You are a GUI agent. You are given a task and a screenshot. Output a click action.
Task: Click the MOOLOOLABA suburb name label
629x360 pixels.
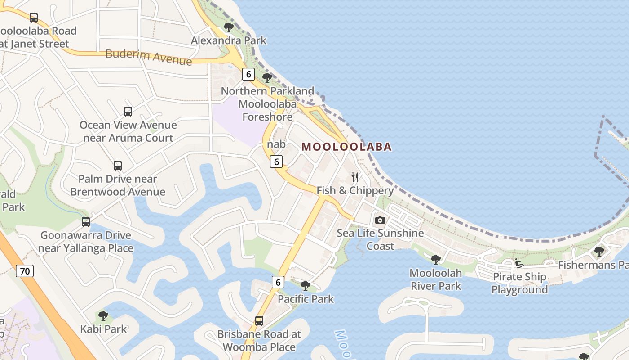coord(346,147)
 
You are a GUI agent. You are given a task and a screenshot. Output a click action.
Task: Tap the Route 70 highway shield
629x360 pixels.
coord(25,271)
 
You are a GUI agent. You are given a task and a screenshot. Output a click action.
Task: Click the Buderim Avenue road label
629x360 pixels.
coord(148,57)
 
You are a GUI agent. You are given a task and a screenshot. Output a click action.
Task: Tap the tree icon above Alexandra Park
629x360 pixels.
coord(229,27)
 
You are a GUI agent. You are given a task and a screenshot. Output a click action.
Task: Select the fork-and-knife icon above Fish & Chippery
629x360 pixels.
coord(355,177)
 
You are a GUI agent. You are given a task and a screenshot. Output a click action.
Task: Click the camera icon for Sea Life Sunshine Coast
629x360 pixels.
coord(380,220)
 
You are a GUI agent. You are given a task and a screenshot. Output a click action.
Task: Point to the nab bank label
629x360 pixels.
coord(276,144)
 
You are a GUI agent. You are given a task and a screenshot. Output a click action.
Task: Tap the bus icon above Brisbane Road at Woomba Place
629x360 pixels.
coord(259,321)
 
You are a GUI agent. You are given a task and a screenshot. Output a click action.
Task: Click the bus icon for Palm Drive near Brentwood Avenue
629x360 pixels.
coord(118,166)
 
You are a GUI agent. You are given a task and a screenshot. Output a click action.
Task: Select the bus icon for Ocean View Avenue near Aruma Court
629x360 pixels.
coord(128,112)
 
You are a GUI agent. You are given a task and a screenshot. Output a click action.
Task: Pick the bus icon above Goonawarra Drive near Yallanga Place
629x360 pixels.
coord(86,222)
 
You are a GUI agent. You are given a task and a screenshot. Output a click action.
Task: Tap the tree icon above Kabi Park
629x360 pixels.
coord(103,315)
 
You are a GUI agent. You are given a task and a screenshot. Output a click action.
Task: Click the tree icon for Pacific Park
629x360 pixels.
coord(306,285)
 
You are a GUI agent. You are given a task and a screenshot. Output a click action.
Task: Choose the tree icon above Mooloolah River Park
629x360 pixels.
coord(435,259)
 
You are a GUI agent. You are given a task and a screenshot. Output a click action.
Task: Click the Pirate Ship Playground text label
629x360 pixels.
coord(519,283)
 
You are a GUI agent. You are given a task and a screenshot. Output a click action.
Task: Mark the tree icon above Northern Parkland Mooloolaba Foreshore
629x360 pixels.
coord(267,77)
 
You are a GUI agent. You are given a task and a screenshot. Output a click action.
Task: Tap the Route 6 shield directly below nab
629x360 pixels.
coord(276,162)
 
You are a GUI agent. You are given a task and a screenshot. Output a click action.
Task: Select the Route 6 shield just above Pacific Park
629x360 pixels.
coord(278,282)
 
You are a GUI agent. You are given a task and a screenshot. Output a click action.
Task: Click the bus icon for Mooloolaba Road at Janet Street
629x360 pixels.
coord(34,18)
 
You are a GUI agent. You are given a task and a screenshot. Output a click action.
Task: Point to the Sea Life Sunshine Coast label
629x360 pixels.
coord(380,239)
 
